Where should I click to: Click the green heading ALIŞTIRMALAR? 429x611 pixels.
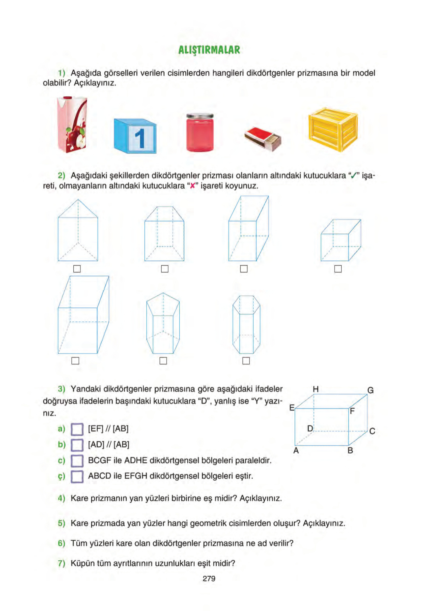point(209,50)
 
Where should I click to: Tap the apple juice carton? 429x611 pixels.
point(72,125)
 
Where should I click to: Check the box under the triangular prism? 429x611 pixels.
point(77,269)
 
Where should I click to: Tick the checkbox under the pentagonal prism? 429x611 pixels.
point(163,361)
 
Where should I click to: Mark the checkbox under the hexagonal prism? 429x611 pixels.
point(246,361)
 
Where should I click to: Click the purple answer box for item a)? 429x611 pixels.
point(77,429)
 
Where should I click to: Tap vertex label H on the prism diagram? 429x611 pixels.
point(316,389)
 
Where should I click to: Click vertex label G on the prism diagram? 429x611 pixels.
point(370,390)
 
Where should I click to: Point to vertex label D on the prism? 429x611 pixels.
point(310,428)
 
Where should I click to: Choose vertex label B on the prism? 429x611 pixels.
point(350,450)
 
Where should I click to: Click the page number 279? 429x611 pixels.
point(209,578)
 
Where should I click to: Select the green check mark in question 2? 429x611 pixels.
point(354,176)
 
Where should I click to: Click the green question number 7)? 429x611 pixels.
point(62,563)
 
